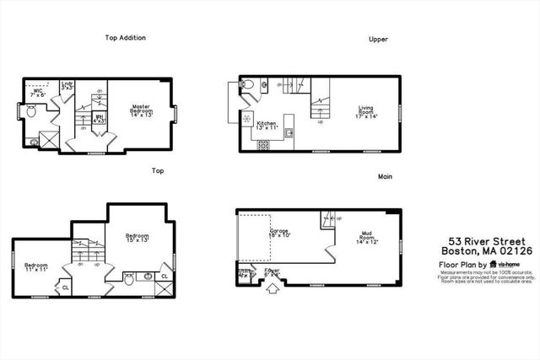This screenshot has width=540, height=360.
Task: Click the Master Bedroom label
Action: pyautogui.click(x=140, y=111)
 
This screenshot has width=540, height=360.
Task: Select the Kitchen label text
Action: pyautogui.click(x=267, y=126)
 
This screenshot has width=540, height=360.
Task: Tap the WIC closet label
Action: pyautogui.click(x=38, y=93)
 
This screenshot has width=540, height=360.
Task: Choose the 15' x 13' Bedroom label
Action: pyautogui.click(x=138, y=239)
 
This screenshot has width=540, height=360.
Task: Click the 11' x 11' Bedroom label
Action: pyautogui.click(x=35, y=268)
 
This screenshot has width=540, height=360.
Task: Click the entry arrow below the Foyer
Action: pyautogui.click(x=272, y=291)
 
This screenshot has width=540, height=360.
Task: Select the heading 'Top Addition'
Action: pyautogui.click(x=126, y=38)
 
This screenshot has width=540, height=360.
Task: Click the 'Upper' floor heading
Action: pyautogui.click(x=377, y=39)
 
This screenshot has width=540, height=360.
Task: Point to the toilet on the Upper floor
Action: pyautogui.click(x=246, y=84)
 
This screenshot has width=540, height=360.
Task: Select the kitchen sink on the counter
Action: pyautogui.click(x=289, y=132)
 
